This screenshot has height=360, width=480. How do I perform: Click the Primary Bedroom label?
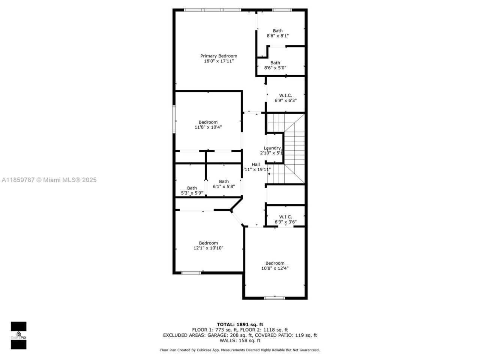point(219,56)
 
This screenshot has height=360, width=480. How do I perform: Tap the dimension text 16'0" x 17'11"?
point(219,61)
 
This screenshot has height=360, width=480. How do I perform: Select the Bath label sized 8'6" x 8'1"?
point(277,31)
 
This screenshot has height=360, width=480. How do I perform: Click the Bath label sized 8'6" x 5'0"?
point(275,63)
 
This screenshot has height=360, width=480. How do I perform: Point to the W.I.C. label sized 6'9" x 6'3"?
point(285,96)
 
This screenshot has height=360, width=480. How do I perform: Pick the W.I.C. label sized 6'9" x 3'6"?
point(285,217)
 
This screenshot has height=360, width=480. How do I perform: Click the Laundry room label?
point(272,148)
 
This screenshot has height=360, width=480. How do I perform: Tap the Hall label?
point(256,164)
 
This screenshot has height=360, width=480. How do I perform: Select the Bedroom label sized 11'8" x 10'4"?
point(208,122)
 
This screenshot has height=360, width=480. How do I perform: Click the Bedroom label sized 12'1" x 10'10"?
point(208,243)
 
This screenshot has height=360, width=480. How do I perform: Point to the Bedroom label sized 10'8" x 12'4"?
point(275,263)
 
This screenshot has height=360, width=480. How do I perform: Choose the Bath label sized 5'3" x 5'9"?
point(192,188)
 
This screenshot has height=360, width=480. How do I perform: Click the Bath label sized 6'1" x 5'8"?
point(224,181)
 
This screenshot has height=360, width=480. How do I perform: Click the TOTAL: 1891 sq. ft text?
point(240,324)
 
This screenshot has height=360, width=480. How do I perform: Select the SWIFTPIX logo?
point(18,335)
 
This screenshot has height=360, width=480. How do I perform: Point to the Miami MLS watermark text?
point(49,180)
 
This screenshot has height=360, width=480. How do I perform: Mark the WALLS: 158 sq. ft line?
point(240,340)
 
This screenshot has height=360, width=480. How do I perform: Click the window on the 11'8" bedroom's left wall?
point(174,119)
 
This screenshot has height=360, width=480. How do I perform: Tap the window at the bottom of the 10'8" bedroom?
point(274,298)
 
